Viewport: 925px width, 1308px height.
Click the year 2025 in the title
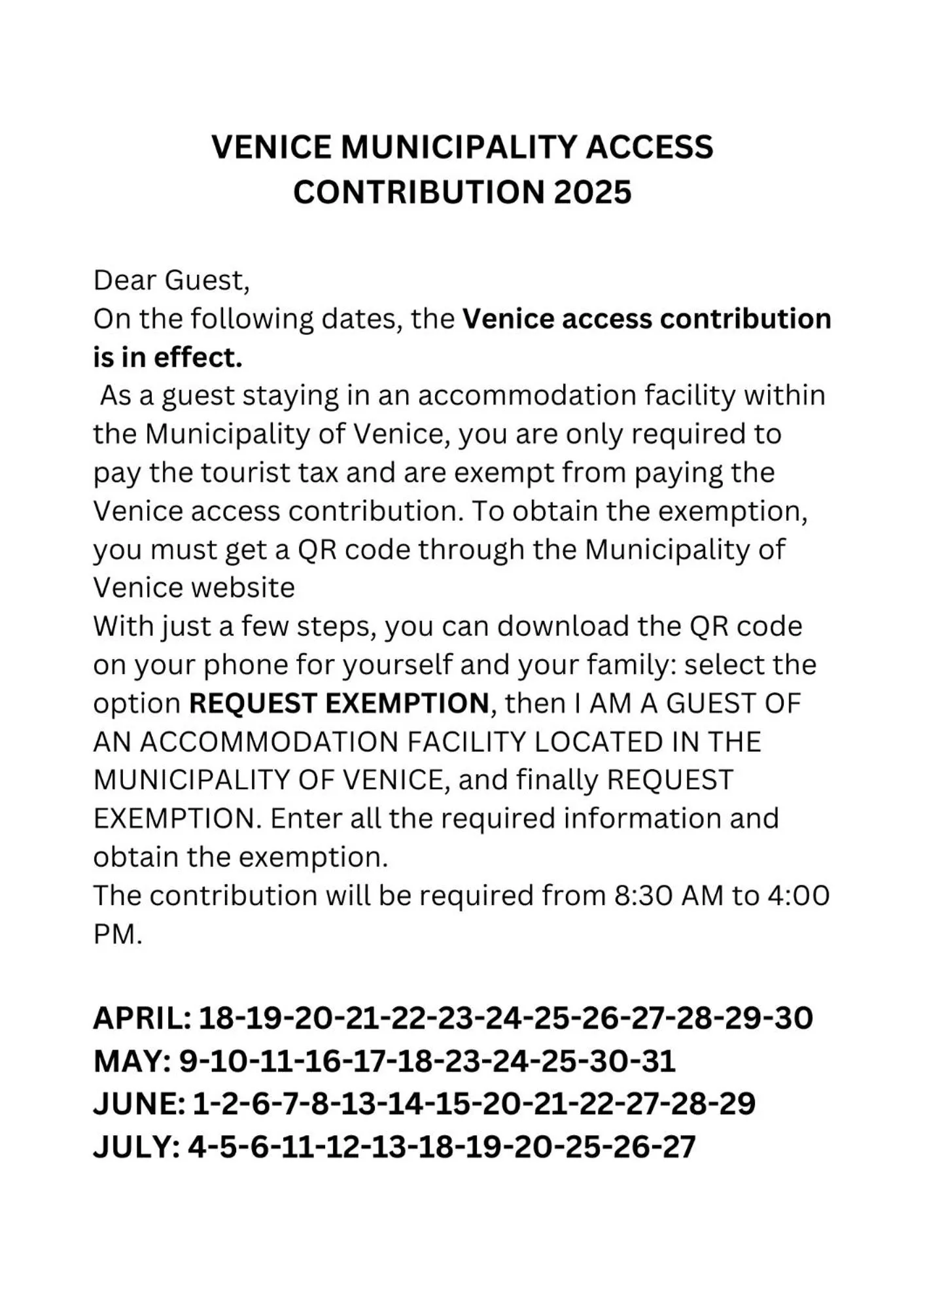593,192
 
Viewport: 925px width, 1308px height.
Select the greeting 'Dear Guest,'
171,281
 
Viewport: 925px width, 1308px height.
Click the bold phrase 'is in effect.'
167,358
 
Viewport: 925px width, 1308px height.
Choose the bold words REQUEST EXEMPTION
339,703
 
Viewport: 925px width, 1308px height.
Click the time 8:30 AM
665,896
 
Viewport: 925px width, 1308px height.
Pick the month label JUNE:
139,1104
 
